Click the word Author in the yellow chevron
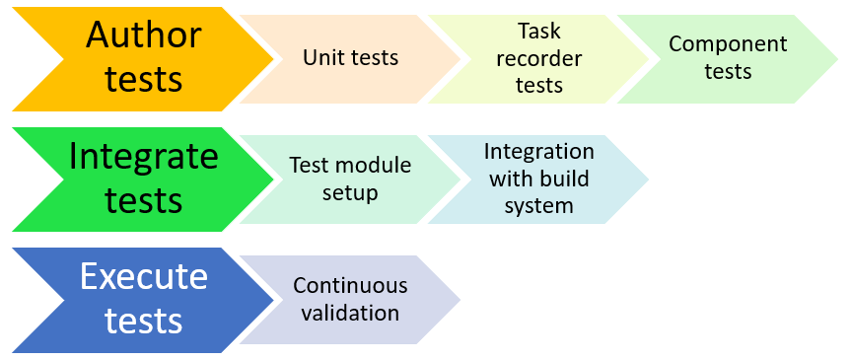tap(144, 36)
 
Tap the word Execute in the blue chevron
tap(144, 276)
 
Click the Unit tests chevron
tap(350, 58)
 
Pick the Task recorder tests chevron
tap(538, 58)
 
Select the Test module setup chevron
tap(350, 179)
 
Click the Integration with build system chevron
tap(538, 179)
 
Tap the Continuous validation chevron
tap(350, 300)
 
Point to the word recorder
tap(539, 58)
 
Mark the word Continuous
tap(350, 286)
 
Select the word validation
tap(350, 314)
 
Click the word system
tap(538, 206)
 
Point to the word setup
tap(350, 192)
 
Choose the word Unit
tap(322, 58)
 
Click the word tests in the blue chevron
tap(144, 321)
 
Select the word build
tap(565, 179)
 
